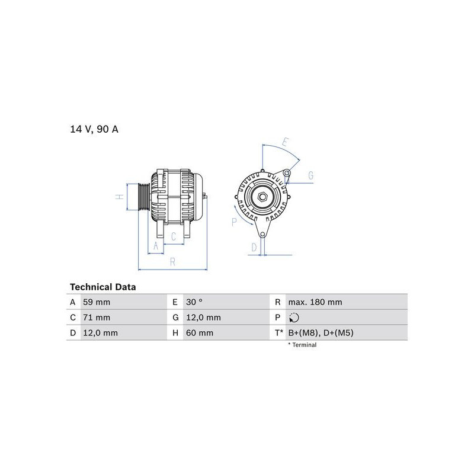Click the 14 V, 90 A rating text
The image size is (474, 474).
pos(94,129)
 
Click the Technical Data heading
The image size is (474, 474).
pos(103,287)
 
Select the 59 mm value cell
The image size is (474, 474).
pos(97,302)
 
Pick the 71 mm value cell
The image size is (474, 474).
pos(97,318)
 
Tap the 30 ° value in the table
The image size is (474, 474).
pos(194,302)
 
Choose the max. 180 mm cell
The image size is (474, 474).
pos(315,302)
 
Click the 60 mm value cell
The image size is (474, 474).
pos(200,333)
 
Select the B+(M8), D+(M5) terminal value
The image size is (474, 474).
pos(321,333)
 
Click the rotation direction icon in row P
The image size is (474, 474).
pos(294,318)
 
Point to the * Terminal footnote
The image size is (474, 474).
pos(302,345)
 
